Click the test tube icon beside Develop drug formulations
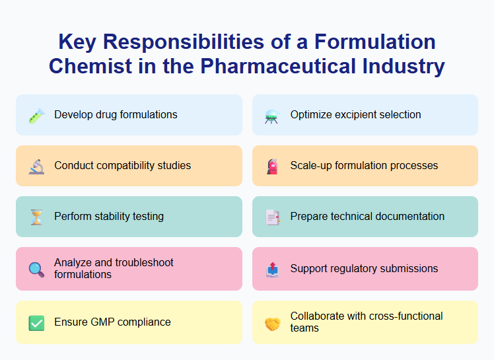36,116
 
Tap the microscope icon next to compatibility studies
36,166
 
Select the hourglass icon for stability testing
36,217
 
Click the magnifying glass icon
36,269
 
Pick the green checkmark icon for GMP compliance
36,323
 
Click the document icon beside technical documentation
272,217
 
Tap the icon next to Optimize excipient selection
272,116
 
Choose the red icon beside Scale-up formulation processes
272,166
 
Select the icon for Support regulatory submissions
272,269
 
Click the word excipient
356,115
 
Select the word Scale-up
310,165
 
